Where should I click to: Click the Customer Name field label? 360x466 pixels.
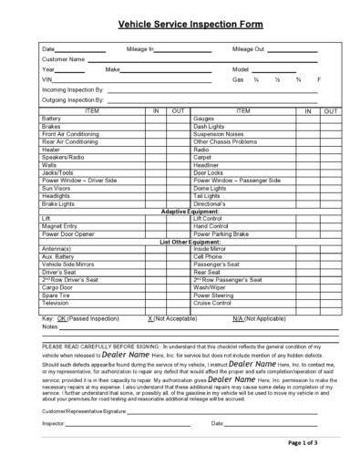click(x=64, y=58)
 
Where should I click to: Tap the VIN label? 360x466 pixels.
click(x=48, y=79)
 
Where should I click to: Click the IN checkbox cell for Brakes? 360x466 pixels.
click(x=155, y=126)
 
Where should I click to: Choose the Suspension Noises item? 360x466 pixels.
click(x=219, y=133)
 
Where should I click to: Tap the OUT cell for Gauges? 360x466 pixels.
click(x=331, y=118)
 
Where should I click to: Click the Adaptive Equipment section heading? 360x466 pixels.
click(x=190, y=212)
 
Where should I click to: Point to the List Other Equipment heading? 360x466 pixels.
click(x=190, y=242)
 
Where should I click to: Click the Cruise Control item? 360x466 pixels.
click(x=215, y=302)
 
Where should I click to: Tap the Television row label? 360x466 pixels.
click(x=56, y=302)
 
